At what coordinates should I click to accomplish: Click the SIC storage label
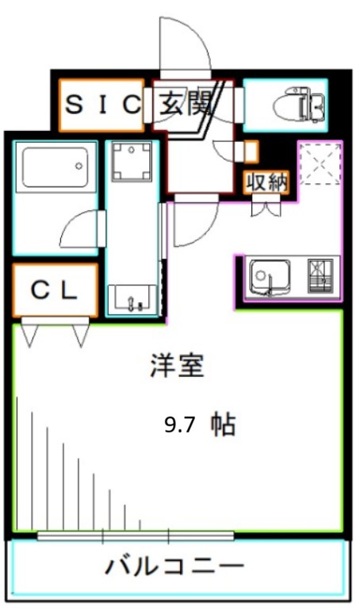102,105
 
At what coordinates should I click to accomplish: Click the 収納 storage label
266,182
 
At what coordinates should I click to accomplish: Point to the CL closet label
55,290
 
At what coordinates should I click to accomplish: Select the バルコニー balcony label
174,567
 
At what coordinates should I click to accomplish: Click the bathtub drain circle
79,166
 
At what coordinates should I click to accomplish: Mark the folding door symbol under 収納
266,209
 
